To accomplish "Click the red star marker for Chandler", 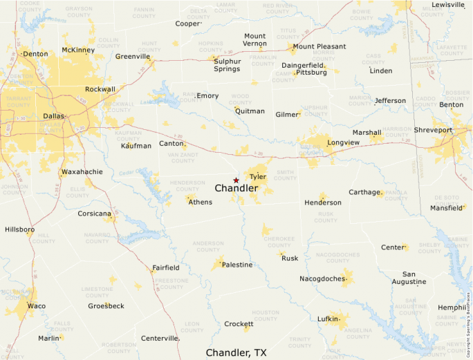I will click(236, 180).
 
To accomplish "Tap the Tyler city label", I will click(258, 177).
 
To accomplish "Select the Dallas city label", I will click(54, 116).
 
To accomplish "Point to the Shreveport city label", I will click(433, 130).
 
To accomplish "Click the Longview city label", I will click(343, 143).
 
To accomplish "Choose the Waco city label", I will click(36, 305).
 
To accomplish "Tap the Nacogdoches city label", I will click(322, 278).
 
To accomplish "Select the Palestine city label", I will click(237, 265).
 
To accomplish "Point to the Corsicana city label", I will click(94, 214).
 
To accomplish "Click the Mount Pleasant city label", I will click(319, 47).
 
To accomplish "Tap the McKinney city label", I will click(78, 50).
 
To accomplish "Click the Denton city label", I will click(35, 53).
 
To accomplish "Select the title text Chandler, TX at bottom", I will click(236, 352).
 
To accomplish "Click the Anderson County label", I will click(208, 246).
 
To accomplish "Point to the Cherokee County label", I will click(279, 242).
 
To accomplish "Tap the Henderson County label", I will click(187, 185).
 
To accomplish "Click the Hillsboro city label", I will click(20, 229).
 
